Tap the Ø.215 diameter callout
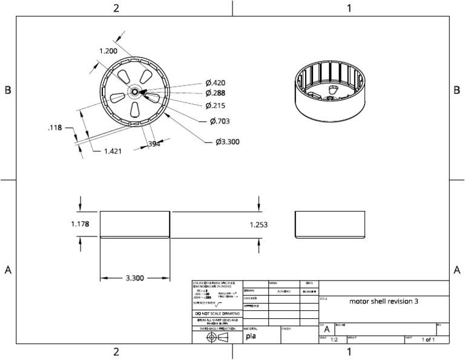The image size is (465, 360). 215,105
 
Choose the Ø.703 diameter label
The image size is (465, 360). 220,121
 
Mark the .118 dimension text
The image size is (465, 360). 55,128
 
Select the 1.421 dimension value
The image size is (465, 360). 113,151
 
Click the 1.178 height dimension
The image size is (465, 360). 80,224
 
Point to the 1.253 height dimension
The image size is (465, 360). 259,224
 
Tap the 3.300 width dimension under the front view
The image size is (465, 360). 134,278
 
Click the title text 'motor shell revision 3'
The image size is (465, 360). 384,301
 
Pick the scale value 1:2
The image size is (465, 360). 334,341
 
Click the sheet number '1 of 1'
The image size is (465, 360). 428,341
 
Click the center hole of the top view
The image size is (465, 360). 133,92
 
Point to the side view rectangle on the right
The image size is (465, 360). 330,224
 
